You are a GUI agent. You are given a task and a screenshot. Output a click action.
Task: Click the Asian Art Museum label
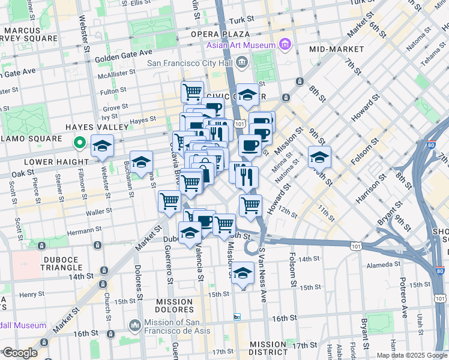pos(241,45)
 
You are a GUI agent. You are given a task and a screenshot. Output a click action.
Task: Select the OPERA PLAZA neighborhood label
pos(220,34)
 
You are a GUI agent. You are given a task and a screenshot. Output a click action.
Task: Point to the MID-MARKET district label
pos(337,49)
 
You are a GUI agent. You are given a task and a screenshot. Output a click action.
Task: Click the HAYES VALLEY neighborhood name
pos(97,127)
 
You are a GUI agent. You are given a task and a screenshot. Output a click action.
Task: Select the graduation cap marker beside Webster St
pos(103,146)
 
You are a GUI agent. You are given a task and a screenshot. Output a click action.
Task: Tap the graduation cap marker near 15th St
pos(243,272)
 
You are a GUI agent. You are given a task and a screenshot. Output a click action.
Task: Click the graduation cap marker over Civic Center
pos(247,94)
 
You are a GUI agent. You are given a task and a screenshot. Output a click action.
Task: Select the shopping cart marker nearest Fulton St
pos(192,92)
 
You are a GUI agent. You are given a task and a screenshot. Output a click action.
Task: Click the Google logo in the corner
pos(19,353)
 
